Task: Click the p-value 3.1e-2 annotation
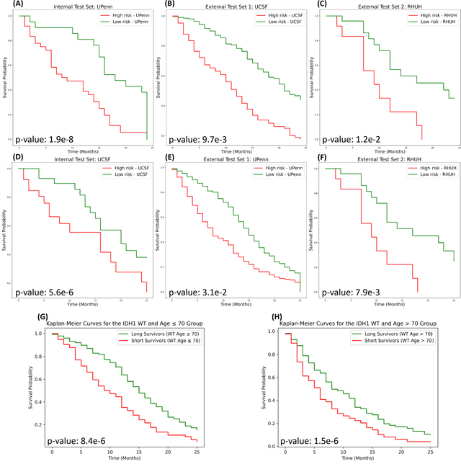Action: point(196,293)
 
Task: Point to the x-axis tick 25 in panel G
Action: point(197,452)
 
